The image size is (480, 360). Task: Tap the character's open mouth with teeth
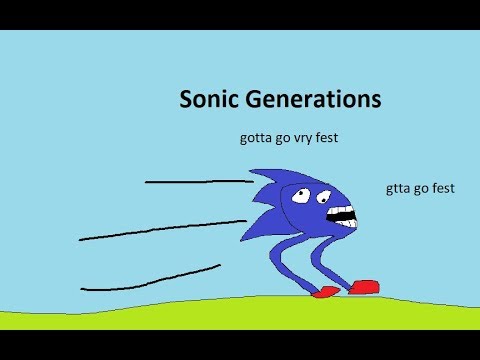[342, 213]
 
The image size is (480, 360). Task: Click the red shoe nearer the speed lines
[325, 293]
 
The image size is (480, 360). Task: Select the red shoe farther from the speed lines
[365, 287]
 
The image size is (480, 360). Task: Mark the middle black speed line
[160, 230]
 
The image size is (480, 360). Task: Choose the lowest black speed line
[150, 279]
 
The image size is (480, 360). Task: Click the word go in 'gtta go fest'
[421, 187]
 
